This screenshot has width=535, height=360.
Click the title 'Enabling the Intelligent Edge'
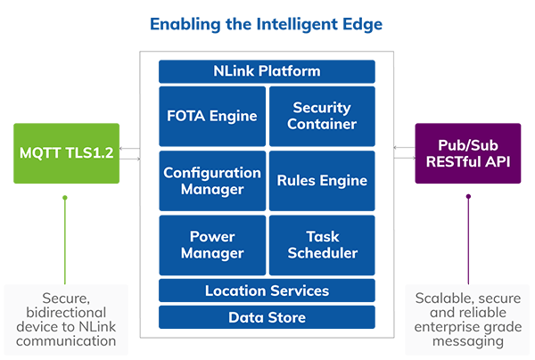point(267,24)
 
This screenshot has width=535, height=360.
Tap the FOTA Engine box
point(212,116)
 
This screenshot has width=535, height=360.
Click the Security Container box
point(322,116)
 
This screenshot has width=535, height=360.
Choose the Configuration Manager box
point(212,181)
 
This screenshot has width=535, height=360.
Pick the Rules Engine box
point(322,181)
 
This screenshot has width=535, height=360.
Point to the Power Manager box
point(212,245)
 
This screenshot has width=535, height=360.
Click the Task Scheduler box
point(322,245)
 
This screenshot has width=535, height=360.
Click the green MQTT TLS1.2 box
point(66,153)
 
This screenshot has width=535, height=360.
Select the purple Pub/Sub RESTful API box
point(468,153)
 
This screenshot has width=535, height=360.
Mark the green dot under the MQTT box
point(65,198)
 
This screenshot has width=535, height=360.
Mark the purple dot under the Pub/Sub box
point(468,198)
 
